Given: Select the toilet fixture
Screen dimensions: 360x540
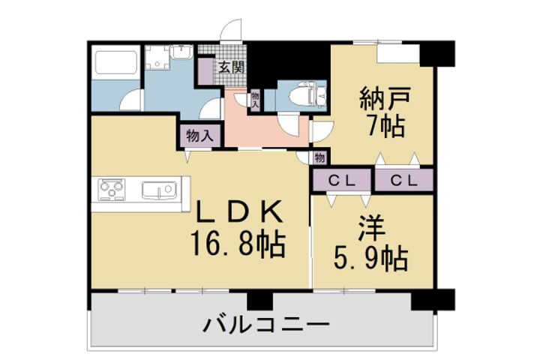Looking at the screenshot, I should pyautogui.click(x=309, y=94).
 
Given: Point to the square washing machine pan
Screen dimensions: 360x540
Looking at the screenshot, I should pyautogui.click(x=157, y=58).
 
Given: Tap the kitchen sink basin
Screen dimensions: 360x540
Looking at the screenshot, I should pyautogui.click(x=158, y=190).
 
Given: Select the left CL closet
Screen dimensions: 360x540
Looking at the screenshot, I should pyautogui.click(x=341, y=181).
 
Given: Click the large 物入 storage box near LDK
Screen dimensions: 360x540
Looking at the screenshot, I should pyautogui.click(x=199, y=136).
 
